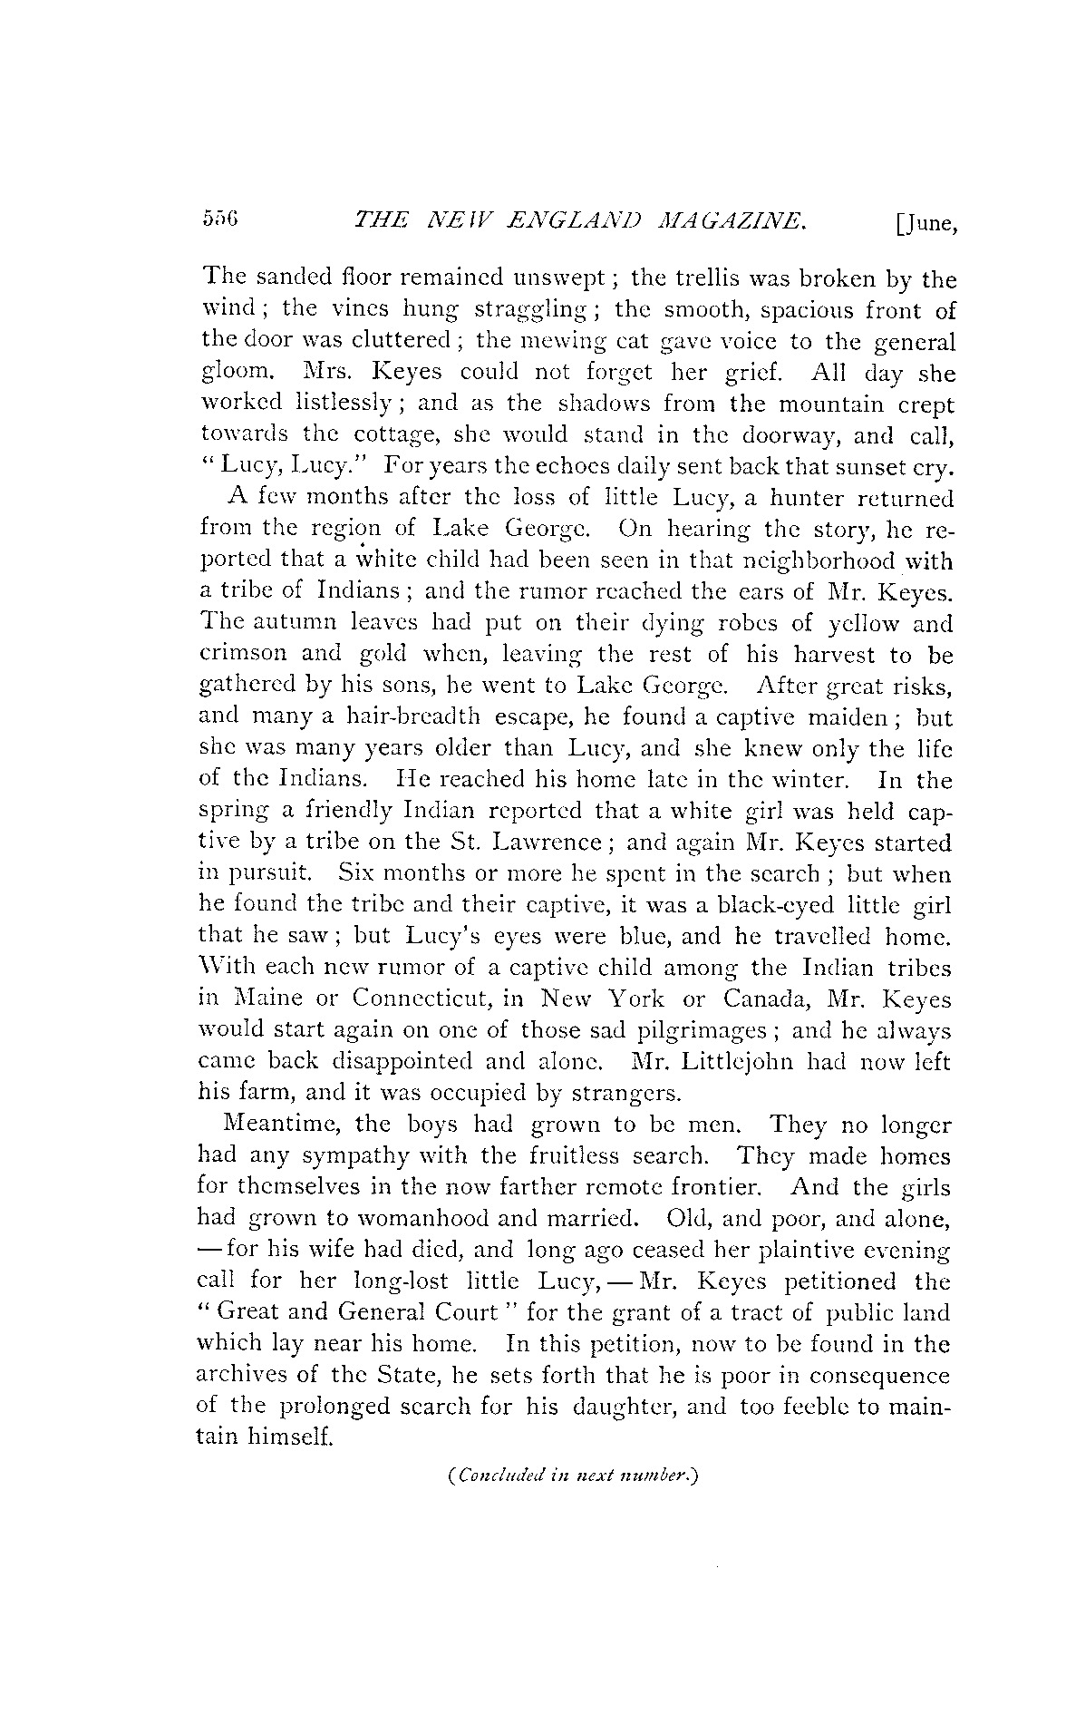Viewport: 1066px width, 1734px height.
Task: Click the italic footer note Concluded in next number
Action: tap(571, 1476)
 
